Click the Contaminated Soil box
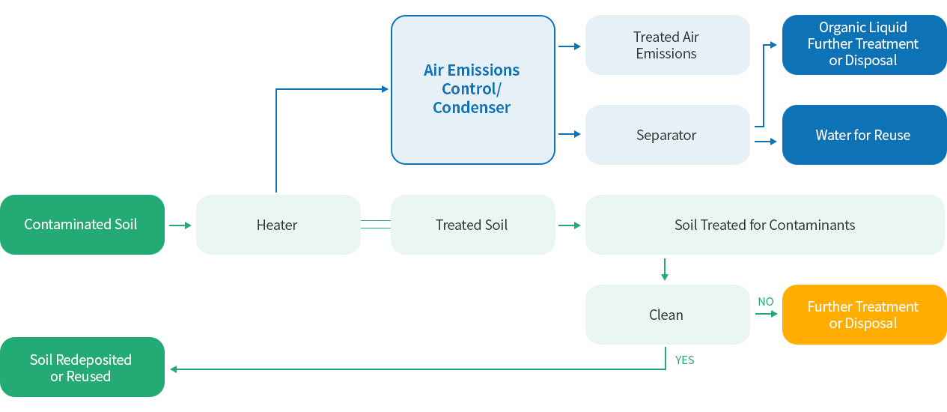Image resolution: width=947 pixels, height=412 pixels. point(82,225)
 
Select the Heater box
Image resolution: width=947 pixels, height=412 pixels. point(278,225)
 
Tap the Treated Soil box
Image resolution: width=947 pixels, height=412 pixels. point(472,225)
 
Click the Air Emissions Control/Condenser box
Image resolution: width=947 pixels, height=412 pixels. point(472,90)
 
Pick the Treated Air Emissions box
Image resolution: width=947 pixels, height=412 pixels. point(668,45)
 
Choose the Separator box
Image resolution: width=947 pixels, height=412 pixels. point(668,135)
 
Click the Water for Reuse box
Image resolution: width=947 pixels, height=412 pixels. point(864,135)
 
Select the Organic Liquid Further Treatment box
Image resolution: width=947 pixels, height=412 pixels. point(864,45)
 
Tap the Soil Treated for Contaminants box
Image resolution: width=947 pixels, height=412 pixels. point(765,225)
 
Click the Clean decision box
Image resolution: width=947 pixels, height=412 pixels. point(668,315)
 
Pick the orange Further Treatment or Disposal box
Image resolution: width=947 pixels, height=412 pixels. point(864,315)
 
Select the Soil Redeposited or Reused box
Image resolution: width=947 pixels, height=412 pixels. point(82,367)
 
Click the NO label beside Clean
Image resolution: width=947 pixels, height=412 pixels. point(766,302)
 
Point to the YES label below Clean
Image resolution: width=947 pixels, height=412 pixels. point(684,360)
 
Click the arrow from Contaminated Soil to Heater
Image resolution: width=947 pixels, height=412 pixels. point(180,225)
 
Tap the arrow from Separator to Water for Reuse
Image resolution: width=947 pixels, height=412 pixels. point(766,142)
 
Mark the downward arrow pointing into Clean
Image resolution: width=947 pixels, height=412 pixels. point(665,270)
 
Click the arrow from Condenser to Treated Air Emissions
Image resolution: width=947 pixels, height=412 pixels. point(570,46)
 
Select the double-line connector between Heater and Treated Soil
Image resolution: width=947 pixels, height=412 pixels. point(376,225)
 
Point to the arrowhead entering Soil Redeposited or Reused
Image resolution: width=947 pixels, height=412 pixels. point(174,369)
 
